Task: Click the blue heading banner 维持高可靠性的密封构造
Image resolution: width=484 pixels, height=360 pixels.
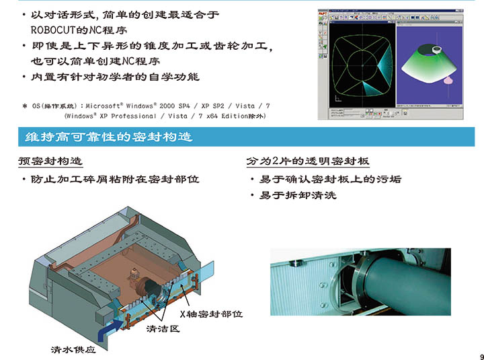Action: (246, 137)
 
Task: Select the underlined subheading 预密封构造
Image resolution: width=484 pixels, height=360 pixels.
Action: (50, 161)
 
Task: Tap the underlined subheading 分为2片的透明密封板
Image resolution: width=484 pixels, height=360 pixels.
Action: (308, 161)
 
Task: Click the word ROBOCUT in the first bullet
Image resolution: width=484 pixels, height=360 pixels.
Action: (53, 30)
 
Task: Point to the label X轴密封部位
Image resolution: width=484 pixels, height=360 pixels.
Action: (211, 314)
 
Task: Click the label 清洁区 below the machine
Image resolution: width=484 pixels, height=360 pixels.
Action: (163, 328)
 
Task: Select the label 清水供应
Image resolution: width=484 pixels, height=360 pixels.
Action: (73, 349)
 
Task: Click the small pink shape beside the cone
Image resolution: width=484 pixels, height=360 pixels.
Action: (449, 80)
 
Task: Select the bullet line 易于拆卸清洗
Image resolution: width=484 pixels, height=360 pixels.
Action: (298, 195)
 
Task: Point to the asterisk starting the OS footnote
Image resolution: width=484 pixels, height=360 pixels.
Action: (25, 106)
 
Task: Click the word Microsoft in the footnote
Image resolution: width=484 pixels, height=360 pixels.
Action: (103, 106)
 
